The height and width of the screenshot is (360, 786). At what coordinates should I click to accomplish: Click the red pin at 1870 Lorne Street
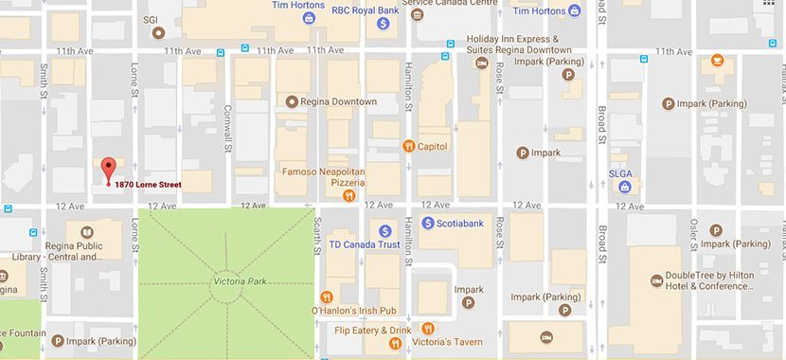pyautogui.click(x=108, y=169)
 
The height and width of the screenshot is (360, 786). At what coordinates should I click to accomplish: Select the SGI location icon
pyautogui.click(x=159, y=32)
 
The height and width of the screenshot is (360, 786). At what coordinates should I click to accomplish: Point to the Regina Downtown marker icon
pyautogui.click(x=292, y=101)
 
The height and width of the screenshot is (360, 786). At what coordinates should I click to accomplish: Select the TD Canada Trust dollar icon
pyautogui.click(x=384, y=230)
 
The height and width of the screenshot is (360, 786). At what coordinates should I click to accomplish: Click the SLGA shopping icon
pyautogui.click(x=625, y=187)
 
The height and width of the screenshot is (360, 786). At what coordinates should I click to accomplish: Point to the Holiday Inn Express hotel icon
pyautogui.click(x=481, y=63)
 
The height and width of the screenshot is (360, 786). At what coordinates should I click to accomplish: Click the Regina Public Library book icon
pyautogui.click(x=86, y=232)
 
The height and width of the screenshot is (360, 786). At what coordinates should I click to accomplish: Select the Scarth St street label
pyautogui.click(x=318, y=235)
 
